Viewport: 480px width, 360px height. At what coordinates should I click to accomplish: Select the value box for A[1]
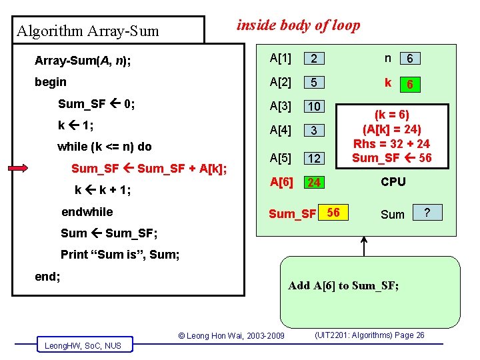(x=314, y=59)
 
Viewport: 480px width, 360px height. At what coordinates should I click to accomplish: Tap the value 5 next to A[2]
(x=314, y=83)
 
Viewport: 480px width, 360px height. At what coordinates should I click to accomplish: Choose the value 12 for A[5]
(x=314, y=158)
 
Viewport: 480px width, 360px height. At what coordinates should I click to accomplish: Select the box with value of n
(x=410, y=59)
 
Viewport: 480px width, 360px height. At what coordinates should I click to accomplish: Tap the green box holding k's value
(x=410, y=85)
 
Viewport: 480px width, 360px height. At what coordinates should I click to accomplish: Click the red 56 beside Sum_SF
(x=333, y=213)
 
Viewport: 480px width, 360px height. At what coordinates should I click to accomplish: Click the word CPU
(x=393, y=181)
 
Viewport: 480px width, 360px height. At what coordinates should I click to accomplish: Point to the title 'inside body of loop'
(x=298, y=25)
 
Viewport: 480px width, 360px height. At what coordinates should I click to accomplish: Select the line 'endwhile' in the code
(x=87, y=212)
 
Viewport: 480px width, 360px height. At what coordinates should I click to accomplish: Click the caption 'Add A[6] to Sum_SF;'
(x=343, y=286)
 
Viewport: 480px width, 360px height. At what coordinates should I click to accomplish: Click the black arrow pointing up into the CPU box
(x=364, y=246)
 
